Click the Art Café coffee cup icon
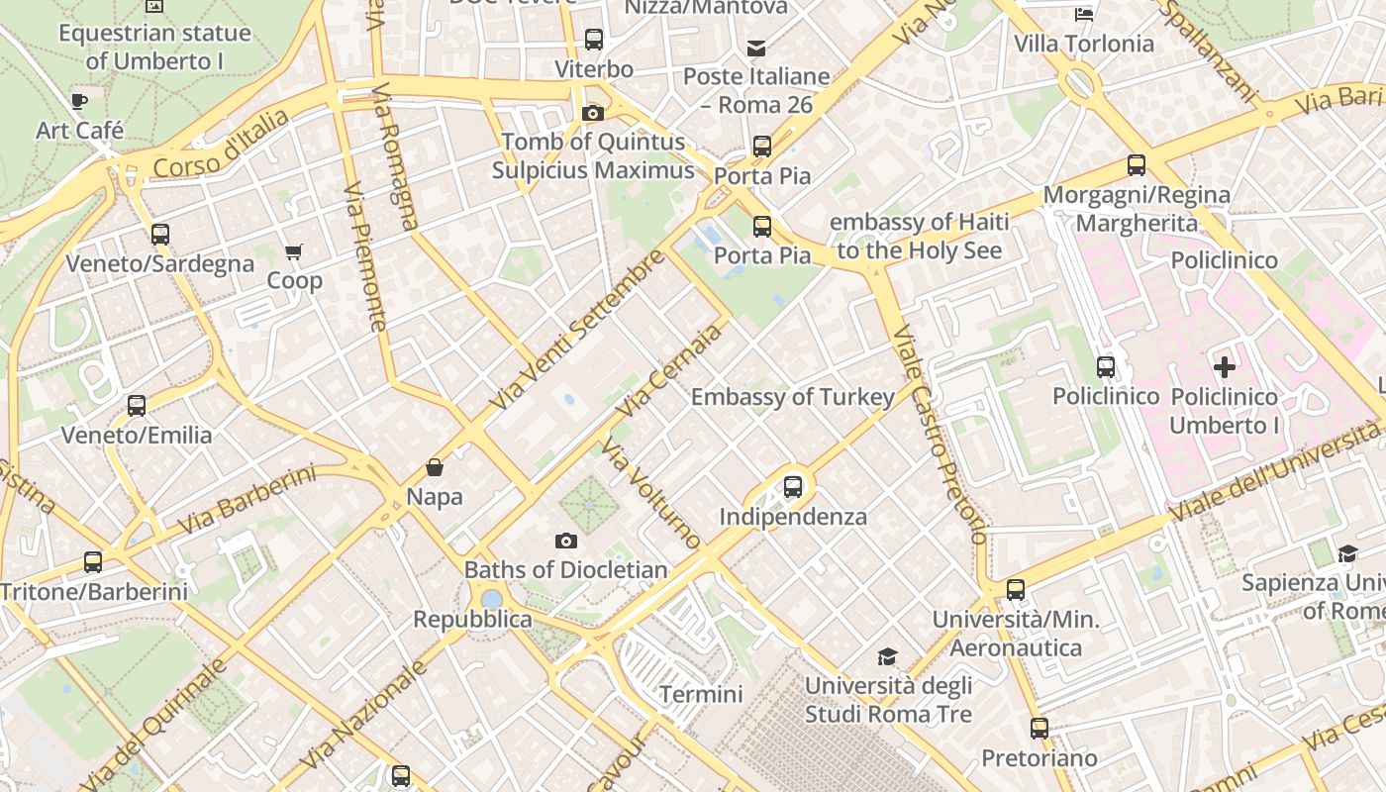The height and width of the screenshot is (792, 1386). (79, 101)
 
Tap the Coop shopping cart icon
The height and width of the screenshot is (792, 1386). (293, 251)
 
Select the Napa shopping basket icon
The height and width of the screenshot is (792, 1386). (434, 467)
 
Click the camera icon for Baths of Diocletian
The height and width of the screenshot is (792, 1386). (565, 541)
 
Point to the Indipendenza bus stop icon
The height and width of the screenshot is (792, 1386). (792, 486)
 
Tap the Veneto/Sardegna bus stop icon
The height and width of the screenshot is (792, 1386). (159, 235)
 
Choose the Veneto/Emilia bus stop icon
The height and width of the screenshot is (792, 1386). (137, 406)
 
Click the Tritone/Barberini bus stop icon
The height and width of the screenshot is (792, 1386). (93, 562)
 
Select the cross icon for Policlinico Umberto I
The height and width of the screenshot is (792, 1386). (1225, 367)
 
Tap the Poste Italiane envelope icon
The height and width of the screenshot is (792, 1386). (756, 48)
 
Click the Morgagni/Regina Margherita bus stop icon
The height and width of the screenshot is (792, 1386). (1137, 165)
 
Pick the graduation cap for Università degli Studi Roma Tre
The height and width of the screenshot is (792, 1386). (887, 656)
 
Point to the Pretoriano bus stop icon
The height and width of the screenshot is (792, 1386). (1039, 729)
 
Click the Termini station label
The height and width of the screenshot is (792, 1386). (701, 694)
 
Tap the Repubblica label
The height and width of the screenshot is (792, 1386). (472, 620)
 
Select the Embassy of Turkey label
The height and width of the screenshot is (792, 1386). (792, 397)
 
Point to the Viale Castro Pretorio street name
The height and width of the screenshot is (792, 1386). (939, 436)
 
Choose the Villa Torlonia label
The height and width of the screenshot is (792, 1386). (1084, 44)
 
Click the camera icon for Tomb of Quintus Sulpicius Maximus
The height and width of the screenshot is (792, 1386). (593, 113)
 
